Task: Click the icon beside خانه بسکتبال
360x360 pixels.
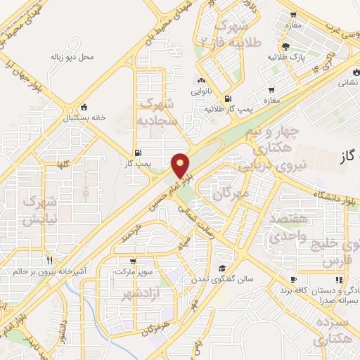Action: coord(85,108)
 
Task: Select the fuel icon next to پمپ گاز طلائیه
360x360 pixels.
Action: coord(226,98)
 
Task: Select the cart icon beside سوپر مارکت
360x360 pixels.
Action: coord(132,261)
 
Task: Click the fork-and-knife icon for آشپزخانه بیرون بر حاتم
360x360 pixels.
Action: coord(49,259)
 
